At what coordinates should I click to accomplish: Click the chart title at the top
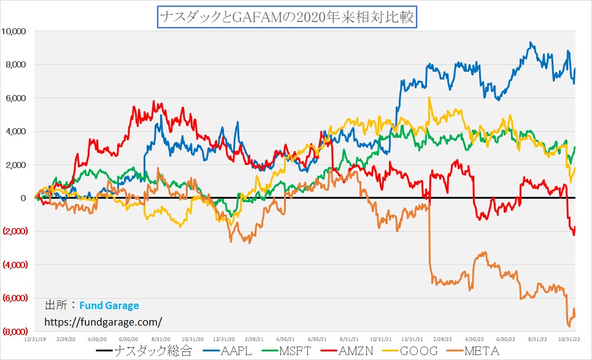click(287, 16)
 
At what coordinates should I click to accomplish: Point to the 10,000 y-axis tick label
click(16, 31)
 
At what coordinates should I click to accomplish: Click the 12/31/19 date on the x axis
click(34, 338)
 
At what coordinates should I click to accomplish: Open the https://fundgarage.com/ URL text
click(103, 321)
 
